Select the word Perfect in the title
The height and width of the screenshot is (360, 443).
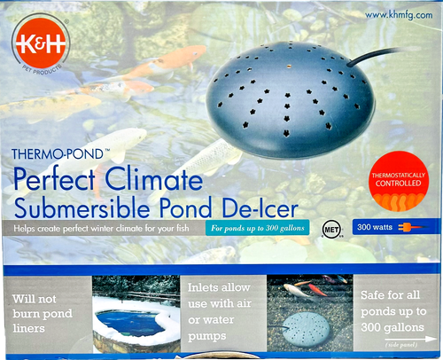point(65,181)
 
